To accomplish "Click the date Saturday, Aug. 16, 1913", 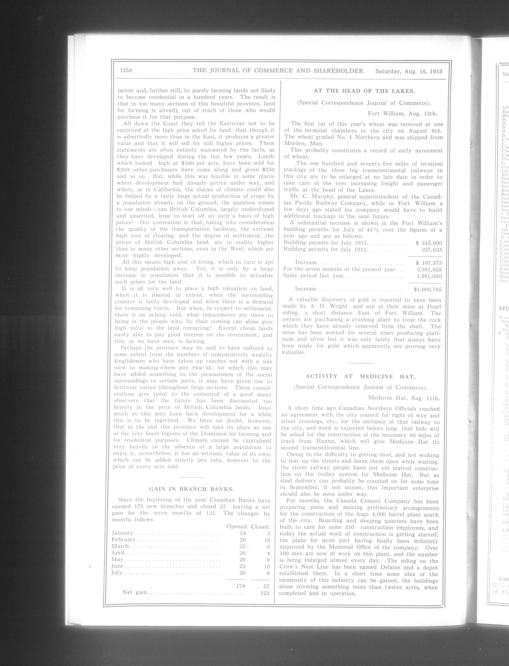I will click(409, 72).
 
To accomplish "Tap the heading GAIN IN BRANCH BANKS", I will click(191, 489).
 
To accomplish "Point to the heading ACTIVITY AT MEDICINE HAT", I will click(360, 376).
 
